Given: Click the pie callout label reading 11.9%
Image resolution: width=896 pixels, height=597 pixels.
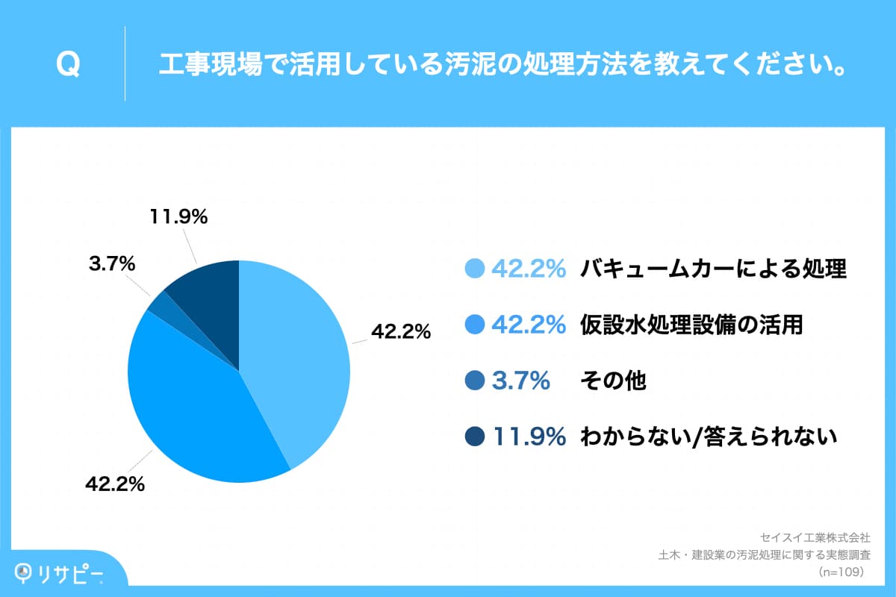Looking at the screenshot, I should [x=178, y=217].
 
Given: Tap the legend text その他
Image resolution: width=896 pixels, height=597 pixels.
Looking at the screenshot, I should [x=612, y=381].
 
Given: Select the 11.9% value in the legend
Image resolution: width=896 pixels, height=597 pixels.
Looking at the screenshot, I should [x=529, y=437].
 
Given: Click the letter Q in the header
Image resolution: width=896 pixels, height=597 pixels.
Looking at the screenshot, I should [x=68, y=65].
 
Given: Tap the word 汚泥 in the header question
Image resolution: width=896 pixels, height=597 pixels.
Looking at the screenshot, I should [x=491, y=64].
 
